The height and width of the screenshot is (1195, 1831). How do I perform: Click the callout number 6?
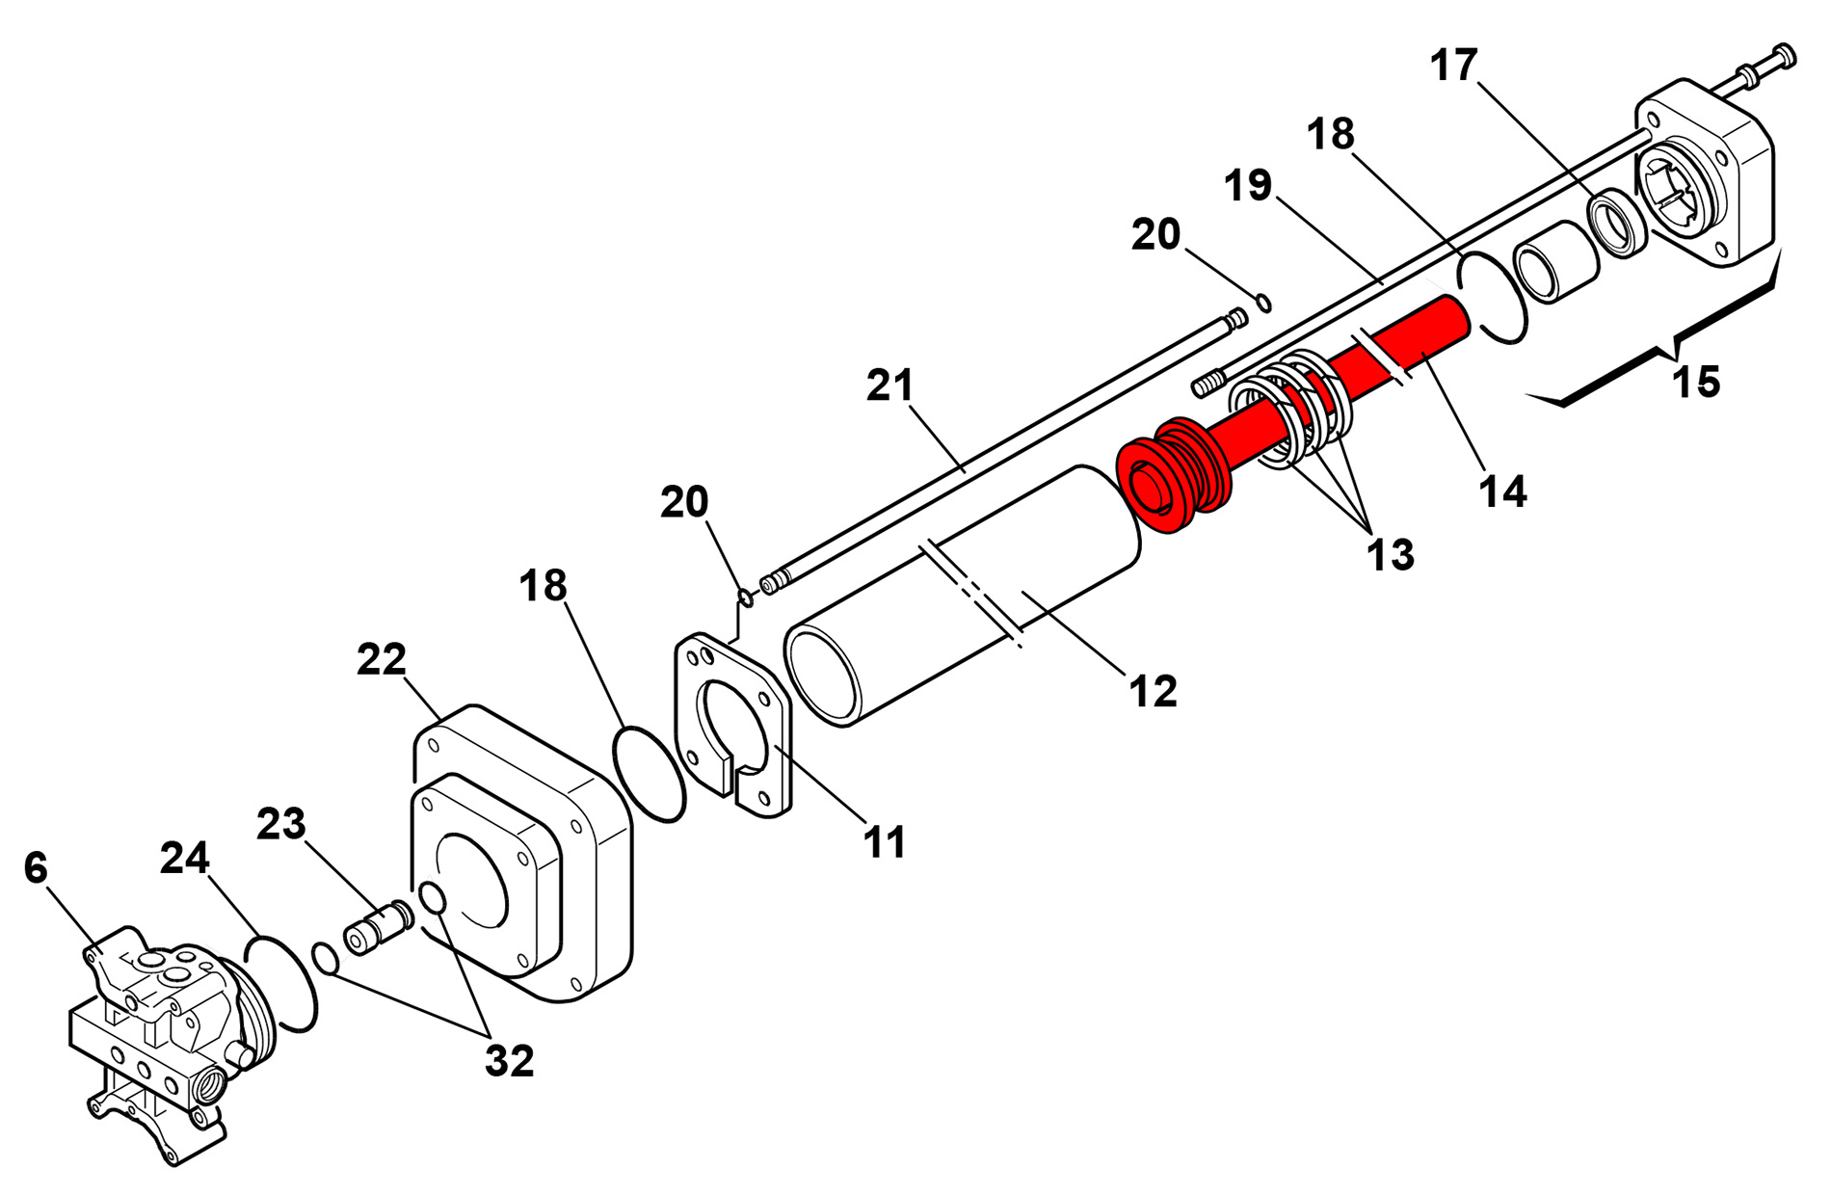[x=36, y=868]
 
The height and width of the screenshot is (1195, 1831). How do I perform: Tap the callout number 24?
[x=184, y=858]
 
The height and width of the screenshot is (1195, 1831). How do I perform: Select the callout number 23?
[x=281, y=824]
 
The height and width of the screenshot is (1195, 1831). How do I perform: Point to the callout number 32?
[x=509, y=1061]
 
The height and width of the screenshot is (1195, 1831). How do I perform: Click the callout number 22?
[x=382, y=660]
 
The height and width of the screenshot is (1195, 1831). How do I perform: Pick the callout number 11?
[x=884, y=842]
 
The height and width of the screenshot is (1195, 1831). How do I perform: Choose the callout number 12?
[x=1153, y=691]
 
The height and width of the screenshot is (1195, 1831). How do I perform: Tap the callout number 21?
[x=889, y=385]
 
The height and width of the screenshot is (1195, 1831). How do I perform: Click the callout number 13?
[x=1390, y=554]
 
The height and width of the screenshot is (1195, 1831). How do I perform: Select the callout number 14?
[x=1502, y=491]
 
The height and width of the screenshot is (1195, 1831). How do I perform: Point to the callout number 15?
[x=1696, y=383]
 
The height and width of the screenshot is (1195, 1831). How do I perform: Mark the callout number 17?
[x=1453, y=66]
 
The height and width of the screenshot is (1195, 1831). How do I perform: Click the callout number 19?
[x=1248, y=185]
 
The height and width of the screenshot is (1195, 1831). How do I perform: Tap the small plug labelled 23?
[x=378, y=927]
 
